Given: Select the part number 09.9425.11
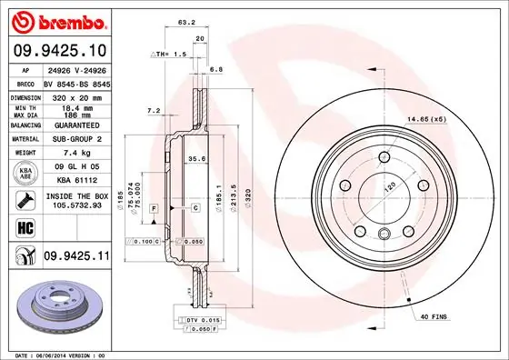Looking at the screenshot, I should click(x=76, y=257).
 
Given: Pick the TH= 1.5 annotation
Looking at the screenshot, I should click(x=174, y=55).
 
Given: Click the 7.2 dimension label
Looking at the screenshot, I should click(x=154, y=111).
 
